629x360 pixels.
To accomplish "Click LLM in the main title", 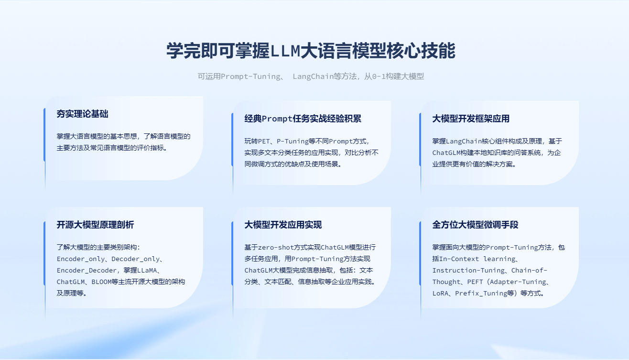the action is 285,51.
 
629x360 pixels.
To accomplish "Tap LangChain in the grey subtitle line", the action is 313,76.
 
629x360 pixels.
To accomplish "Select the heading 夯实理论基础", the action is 82,114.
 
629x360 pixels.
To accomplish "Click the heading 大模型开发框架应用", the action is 471,119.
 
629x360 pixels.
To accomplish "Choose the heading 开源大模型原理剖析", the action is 95,225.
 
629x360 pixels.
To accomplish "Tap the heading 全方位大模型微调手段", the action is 475,225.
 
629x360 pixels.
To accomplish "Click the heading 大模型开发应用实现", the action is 283,225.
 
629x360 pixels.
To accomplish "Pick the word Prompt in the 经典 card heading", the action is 277,119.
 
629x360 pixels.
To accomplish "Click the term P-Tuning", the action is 293,141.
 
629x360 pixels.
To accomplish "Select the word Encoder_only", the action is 81,259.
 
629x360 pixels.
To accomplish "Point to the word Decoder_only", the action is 135,259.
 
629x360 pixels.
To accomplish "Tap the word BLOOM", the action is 101,282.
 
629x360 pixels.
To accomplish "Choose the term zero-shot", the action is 276,247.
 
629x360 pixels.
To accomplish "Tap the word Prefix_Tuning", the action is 481,294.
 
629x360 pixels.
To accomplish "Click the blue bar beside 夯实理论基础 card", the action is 44,135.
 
